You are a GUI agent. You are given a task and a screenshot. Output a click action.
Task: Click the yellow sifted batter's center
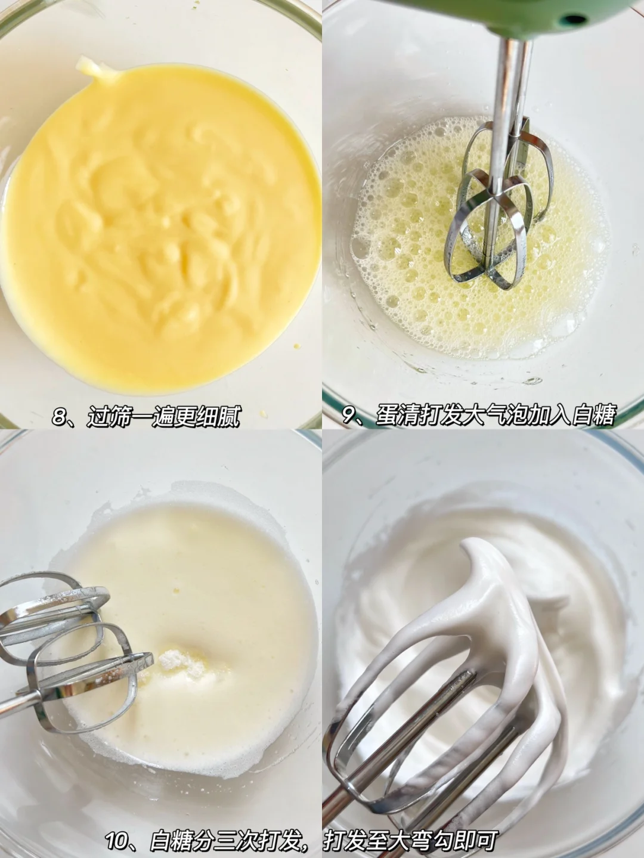click(x=156, y=231)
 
